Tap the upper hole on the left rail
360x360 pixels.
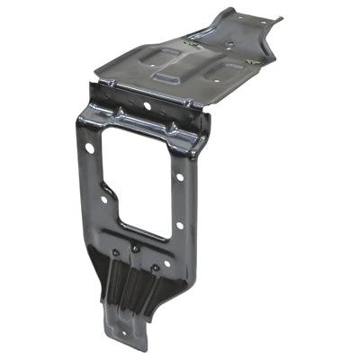(x=89, y=147)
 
